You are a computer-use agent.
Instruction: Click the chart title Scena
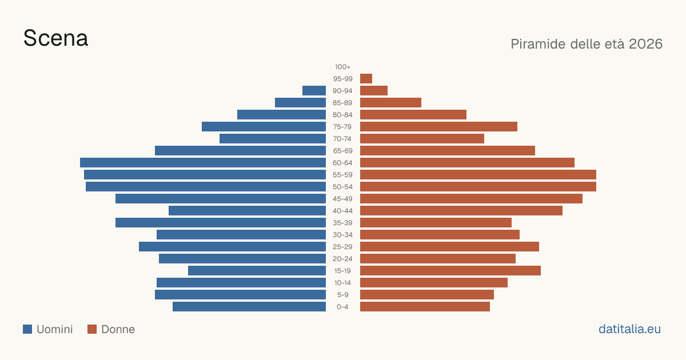coord(56,38)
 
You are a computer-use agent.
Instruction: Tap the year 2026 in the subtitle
coord(645,44)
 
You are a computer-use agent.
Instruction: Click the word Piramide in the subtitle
coord(538,44)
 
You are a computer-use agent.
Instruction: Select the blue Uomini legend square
coord(27,329)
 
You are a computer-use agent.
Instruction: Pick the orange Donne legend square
coord(92,329)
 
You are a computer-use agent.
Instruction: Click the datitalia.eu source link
coord(629,329)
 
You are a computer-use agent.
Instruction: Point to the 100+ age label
coord(342,67)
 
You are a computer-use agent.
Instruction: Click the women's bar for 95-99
coord(366,79)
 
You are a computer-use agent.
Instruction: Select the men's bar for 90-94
coord(314,91)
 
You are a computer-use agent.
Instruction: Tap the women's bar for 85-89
coord(391,102)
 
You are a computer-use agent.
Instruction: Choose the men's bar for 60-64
coord(203,162)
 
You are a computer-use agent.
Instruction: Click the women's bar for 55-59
coord(478,174)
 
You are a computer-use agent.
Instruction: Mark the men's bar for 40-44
coord(247,211)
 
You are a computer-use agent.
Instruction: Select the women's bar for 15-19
coord(450,271)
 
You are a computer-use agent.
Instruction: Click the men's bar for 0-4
coord(249,307)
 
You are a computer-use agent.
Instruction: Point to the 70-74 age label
coord(342,139)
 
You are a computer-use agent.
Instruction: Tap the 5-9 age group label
coord(342,295)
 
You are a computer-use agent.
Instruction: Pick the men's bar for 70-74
coord(273,139)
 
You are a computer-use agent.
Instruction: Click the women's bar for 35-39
coord(436,222)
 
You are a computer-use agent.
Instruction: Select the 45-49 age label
coord(342,199)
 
